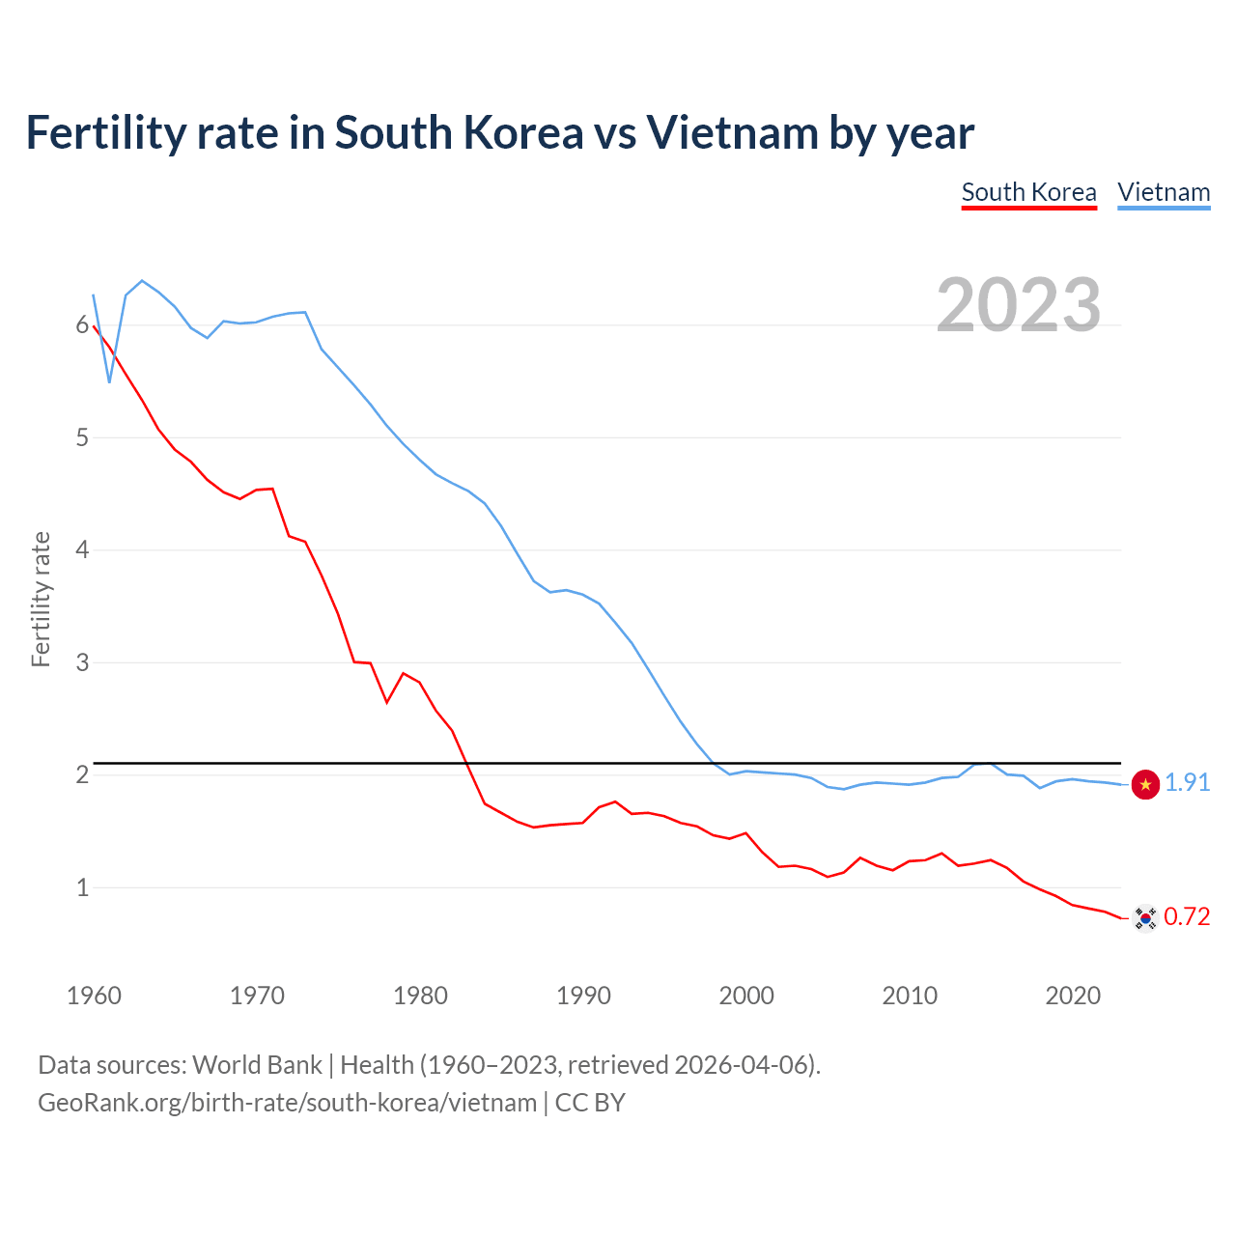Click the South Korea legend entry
point(1028,192)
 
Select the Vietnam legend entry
point(1164,192)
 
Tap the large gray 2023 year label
point(1018,305)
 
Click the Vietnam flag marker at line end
point(1145,784)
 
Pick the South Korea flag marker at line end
point(1145,917)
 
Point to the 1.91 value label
point(1187,782)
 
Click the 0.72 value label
point(1187,916)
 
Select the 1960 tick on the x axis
point(94,996)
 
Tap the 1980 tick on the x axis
point(420,996)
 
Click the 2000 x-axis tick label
point(746,996)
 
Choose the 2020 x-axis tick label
point(1073,996)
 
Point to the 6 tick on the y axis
point(82,325)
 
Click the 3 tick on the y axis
point(82,662)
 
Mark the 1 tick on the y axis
point(82,887)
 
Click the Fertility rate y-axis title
point(41,599)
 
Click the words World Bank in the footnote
point(257,1064)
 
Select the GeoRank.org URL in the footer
point(287,1103)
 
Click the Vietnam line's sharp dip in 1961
point(110,381)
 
